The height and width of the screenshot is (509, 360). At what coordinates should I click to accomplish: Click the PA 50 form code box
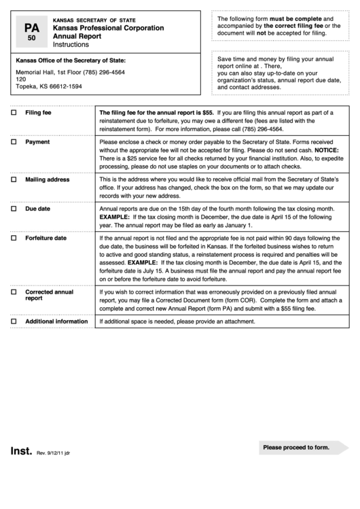(31, 32)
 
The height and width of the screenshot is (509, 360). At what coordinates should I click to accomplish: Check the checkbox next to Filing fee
(14, 113)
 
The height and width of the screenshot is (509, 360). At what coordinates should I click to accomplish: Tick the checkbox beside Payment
(14, 143)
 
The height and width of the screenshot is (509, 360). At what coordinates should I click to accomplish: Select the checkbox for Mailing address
(14, 180)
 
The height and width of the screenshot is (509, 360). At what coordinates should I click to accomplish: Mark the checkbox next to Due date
(14, 209)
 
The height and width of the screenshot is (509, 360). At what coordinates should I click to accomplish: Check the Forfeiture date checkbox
(14, 239)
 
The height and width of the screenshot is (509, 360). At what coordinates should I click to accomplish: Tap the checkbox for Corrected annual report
(14, 292)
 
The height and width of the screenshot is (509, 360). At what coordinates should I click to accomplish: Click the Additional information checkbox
(14, 321)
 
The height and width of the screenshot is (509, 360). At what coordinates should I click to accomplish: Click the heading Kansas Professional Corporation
(108, 29)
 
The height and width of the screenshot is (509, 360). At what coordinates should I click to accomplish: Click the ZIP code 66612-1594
(65, 86)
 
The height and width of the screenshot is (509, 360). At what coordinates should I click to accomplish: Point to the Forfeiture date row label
(46, 239)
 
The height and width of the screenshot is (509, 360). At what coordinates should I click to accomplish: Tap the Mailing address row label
(48, 180)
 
